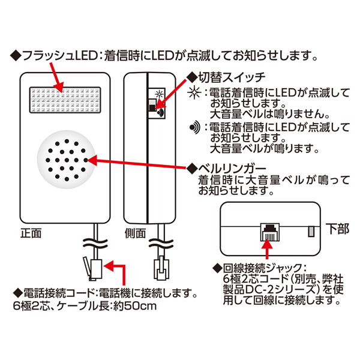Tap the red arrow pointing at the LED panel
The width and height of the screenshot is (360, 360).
(53, 77)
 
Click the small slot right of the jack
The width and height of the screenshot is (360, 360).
(311, 231)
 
